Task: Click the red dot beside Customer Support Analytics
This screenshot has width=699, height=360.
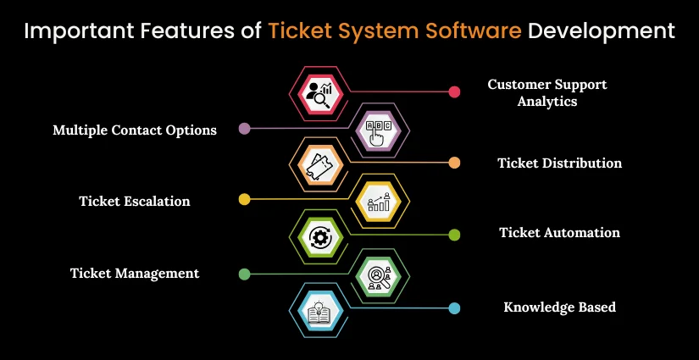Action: [x=454, y=91]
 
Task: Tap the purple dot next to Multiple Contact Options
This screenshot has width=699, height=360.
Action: [x=245, y=130]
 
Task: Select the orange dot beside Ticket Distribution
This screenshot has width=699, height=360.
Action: [x=454, y=163]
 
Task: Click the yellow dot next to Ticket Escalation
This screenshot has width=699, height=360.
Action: [x=245, y=200]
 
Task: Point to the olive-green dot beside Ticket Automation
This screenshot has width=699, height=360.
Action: [x=454, y=234]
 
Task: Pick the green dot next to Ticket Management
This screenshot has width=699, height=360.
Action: [x=245, y=274]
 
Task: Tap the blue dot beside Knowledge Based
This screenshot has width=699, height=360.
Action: [x=454, y=308]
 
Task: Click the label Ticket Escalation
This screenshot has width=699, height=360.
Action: [x=135, y=201]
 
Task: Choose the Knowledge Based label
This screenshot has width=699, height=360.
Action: [x=559, y=307]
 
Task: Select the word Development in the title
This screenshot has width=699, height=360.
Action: [x=601, y=32]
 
